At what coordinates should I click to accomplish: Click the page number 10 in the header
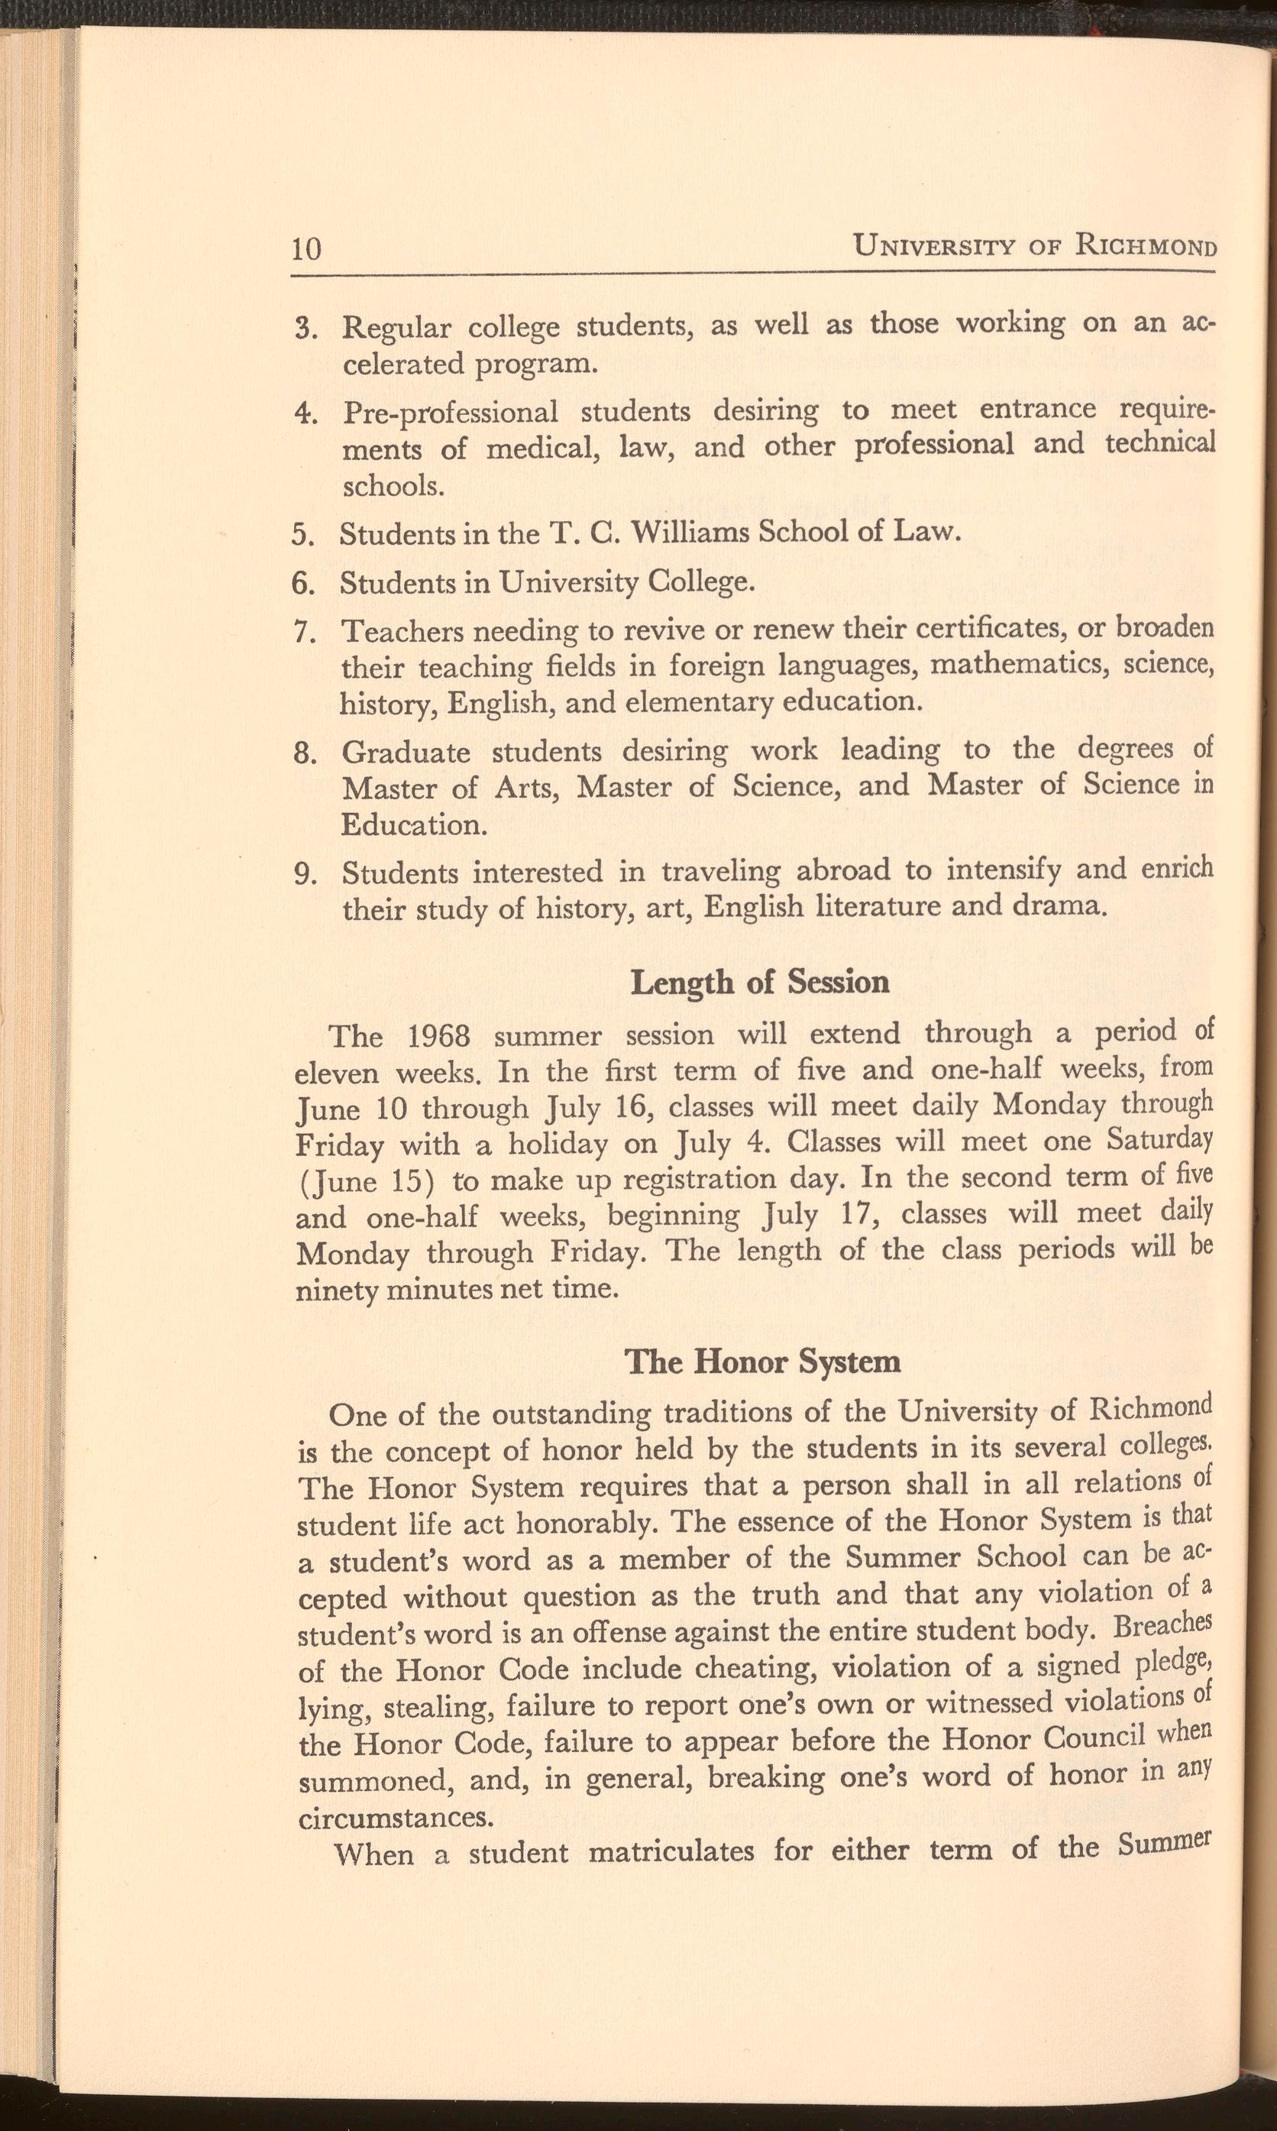[306, 250]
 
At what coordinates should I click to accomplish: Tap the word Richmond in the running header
[1144, 247]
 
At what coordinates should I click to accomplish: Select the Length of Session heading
[760, 982]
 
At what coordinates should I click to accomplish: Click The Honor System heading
[762, 1361]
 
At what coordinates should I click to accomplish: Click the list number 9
[303, 874]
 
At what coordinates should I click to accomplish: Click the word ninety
[335, 1291]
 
